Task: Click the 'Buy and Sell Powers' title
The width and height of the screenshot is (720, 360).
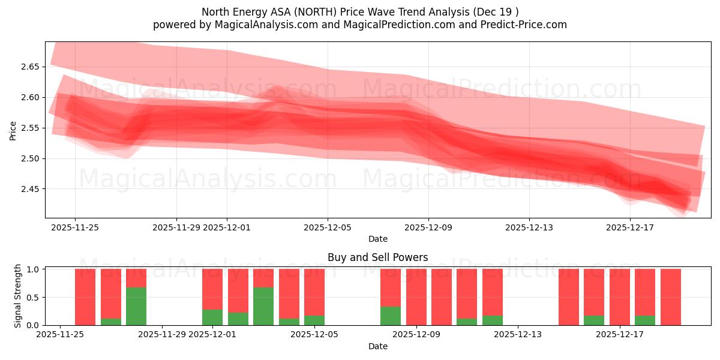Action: coord(377,257)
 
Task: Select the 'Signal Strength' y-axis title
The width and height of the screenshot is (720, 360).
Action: coord(18,296)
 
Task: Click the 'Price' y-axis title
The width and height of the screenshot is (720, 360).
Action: coord(13,130)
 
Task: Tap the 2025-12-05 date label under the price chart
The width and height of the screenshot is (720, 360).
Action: coord(327,227)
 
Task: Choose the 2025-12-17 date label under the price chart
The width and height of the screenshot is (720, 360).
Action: coord(629,227)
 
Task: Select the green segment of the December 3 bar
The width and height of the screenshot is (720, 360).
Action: coord(263,306)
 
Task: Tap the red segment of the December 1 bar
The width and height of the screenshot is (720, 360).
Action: coord(212,289)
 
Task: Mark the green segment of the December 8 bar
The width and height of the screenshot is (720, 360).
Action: coord(391,316)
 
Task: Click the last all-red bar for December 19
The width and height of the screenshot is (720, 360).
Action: coord(670,297)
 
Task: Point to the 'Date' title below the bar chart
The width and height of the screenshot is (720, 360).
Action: coord(377,346)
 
